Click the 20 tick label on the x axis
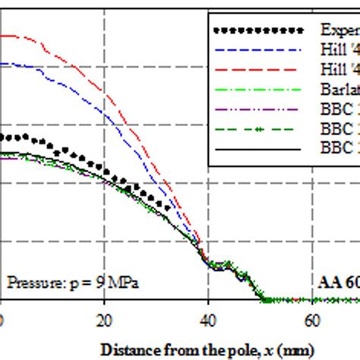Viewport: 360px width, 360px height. [106, 320]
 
